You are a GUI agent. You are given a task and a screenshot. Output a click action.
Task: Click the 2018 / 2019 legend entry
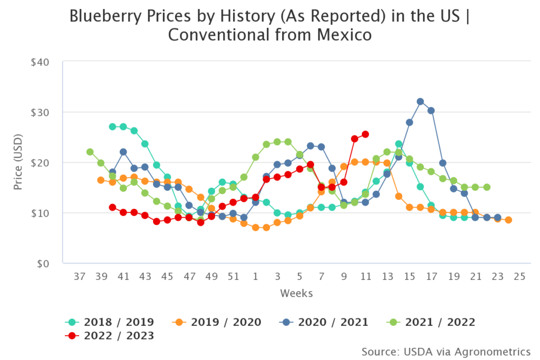pos(110,322)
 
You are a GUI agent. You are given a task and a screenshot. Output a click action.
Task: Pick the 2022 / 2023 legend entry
pos(110,336)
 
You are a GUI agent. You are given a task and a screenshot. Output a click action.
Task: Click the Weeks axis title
pos(296,293)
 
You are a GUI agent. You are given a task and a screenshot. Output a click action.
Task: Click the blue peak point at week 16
pos(420,101)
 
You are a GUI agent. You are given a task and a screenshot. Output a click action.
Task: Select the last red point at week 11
pos(365,134)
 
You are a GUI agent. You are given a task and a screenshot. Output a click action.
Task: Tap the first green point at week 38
pos(90,152)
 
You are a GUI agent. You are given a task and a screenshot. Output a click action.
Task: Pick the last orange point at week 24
pos(508,220)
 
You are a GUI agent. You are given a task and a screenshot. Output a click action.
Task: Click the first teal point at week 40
pos(112,127)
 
